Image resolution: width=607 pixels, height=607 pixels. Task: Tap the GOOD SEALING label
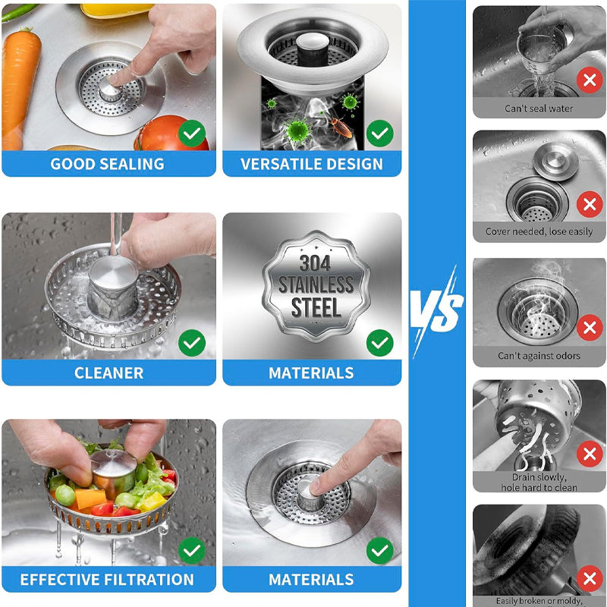click(107, 164)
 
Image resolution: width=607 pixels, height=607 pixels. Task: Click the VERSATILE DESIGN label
click(311, 164)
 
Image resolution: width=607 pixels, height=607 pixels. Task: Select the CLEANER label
click(109, 373)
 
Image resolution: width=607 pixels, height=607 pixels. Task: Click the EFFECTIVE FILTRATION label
click(107, 580)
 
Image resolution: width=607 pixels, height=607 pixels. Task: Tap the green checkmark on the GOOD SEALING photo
click(192, 134)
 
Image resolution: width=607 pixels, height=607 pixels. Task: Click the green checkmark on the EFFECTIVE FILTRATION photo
click(192, 549)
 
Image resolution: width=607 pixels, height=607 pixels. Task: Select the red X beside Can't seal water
click(589, 79)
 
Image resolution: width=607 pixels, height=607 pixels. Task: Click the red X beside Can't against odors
click(589, 328)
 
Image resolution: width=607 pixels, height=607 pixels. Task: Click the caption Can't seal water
click(539, 109)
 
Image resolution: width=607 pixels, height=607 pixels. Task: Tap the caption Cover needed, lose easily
click(539, 231)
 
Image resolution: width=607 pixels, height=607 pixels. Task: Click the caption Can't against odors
click(539, 355)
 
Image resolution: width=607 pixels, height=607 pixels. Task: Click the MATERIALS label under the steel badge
click(311, 373)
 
